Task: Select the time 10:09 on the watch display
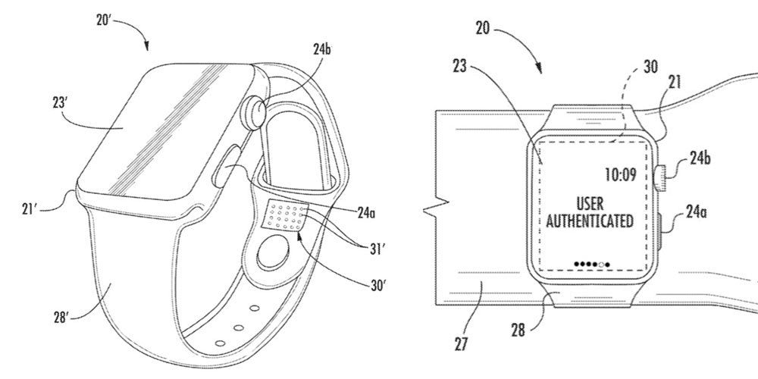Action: [621, 175]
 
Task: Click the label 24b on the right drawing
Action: [701, 161]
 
